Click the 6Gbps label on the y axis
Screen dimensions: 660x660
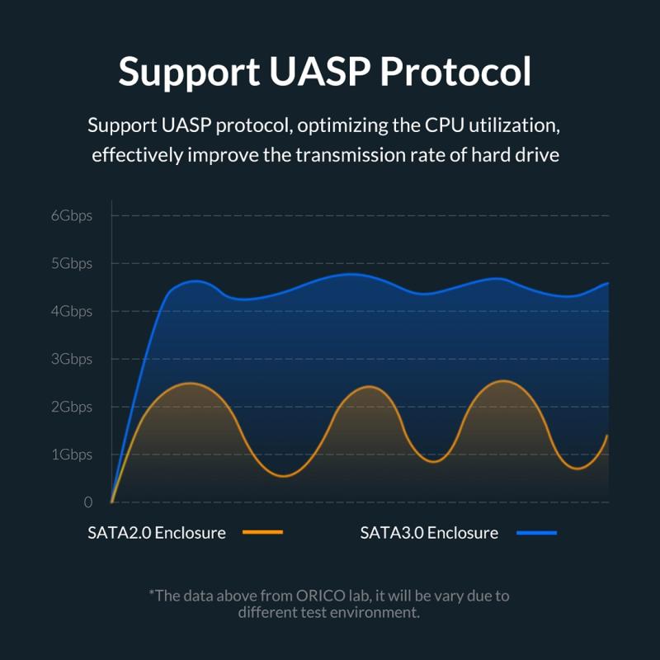coord(71,216)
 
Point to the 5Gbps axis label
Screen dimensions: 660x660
coord(71,264)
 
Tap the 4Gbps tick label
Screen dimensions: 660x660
coord(71,312)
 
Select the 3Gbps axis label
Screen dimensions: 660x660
coord(71,360)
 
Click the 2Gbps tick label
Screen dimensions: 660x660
coord(71,408)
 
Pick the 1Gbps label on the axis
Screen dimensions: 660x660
coord(71,455)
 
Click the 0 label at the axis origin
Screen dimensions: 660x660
coord(88,502)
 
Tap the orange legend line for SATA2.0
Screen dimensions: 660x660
coord(263,533)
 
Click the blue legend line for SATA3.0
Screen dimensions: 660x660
coord(536,533)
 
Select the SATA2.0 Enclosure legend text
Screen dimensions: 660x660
coord(157,533)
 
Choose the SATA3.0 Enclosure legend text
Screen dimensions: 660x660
coord(429,533)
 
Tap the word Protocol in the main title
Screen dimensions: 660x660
coord(455,72)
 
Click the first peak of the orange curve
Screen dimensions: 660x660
coord(191,383)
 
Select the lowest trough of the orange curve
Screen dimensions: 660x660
coord(283,476)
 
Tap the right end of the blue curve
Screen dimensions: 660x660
coord(608,283)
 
